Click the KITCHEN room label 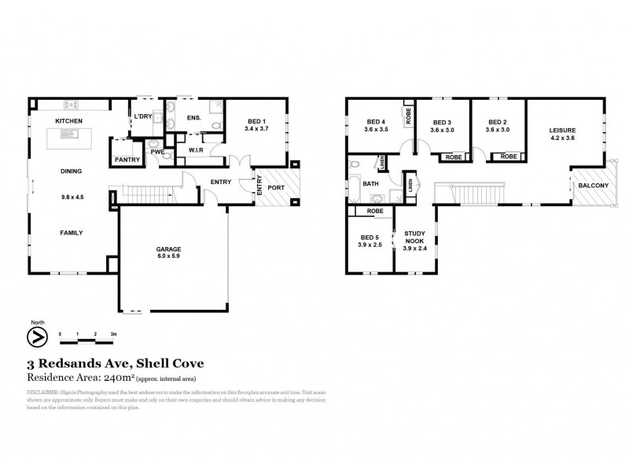click(x=69, y=120)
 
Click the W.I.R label click(x=197, y=149)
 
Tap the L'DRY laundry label click(x=142, y=117)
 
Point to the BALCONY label click(x=592, y=186)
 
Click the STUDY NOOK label click(x=414, y=238)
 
